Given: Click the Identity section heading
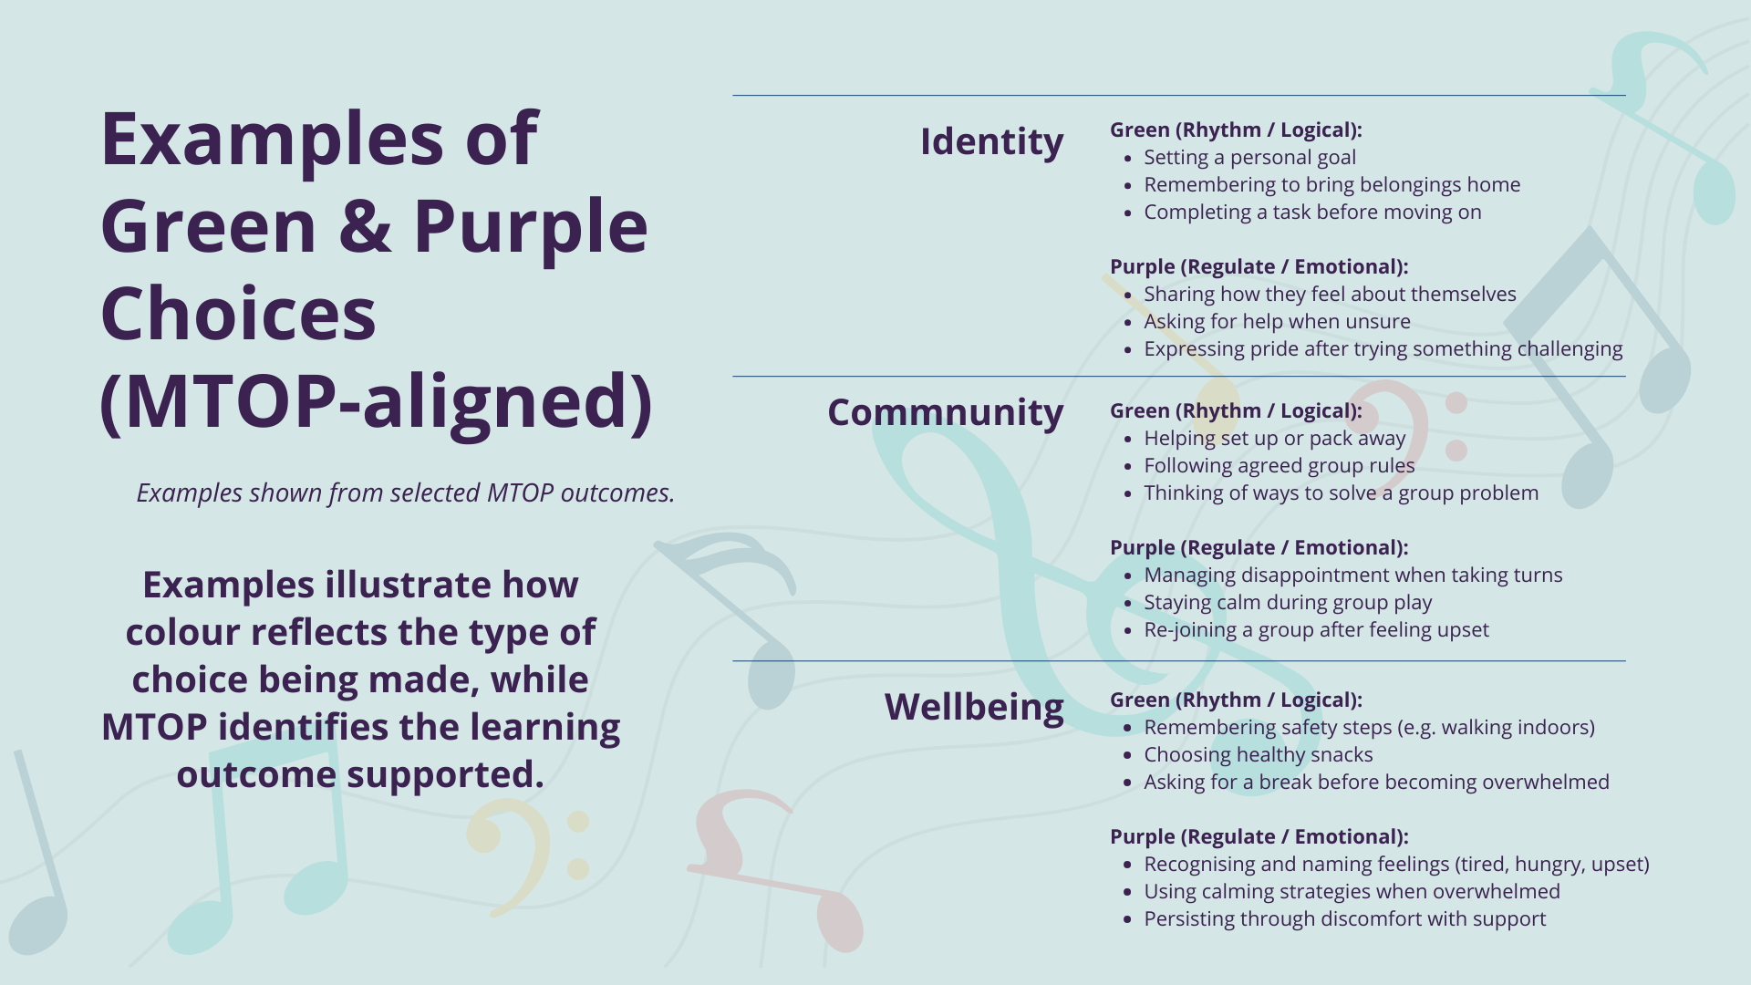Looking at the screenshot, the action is click(x=991, y=142).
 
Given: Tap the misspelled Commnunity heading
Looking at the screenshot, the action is click(x=945, y=412).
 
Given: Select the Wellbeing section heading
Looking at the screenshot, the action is click(x=974, y=707).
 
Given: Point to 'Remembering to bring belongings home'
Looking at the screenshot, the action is click(x=1331, y=185).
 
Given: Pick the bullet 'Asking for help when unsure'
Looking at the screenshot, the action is click(x=1277, y=321).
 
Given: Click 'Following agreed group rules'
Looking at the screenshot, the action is click(x=1279, y=466).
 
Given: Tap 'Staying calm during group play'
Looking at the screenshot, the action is click(x=1288, y=603).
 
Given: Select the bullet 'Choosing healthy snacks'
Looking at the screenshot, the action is click(x=1258, y=755).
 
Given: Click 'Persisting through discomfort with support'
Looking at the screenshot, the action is click(x=1344, y=919).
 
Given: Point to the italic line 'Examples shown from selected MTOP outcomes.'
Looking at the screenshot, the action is click(x=406, y=493).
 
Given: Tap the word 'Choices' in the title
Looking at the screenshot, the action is click(x=238, y=314).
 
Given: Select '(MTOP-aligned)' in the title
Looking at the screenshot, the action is click(x=376, y=401).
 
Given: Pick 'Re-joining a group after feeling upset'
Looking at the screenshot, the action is click(x=1316, y=630).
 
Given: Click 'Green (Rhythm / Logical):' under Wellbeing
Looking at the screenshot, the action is click(x=1236, y=700).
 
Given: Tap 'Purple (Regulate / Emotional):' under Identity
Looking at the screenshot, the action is click(x=1259, y=267).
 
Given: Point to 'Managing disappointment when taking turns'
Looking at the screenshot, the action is click(x=1352, y=575).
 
